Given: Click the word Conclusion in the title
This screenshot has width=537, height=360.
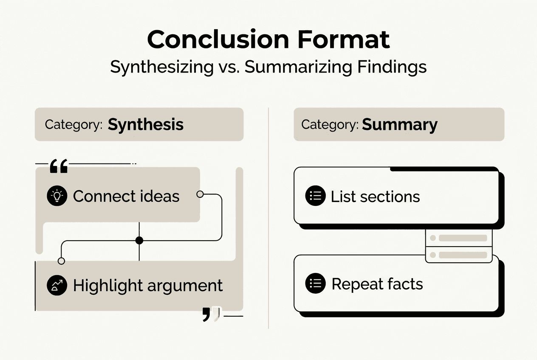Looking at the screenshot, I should click(x=216, y=39).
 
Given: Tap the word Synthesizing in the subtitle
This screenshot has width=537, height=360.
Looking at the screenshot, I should click(x=162, y=67).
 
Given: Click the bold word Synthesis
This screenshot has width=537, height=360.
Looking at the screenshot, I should click(x=146, y=124).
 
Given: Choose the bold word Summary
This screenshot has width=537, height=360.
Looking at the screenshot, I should click(x=399, y=124).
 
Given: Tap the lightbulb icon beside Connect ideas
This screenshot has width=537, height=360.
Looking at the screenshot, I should click(x=57, y=196).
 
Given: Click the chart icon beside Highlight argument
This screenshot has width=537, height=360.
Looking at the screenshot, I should click(x=57, y=285).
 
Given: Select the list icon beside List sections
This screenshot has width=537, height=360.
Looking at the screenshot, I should click(x=315, y=196).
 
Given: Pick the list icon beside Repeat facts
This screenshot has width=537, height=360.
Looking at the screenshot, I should click(x=315, y=284).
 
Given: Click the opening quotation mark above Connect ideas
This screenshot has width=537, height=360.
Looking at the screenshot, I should click(x=59, y=166).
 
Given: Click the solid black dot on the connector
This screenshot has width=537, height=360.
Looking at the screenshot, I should click(x=139, y=241).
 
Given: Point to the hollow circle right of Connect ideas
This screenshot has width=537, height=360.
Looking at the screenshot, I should click(x=200, y=194).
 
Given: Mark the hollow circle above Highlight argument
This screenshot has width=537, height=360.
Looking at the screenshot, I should click(x=61, y=261).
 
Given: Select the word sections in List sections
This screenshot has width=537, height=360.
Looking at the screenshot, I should click(x=393, y=197).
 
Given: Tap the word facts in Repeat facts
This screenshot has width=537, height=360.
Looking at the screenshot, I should click(x=405, y=284).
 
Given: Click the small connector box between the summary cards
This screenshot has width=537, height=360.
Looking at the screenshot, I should click(x=458, y=246).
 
